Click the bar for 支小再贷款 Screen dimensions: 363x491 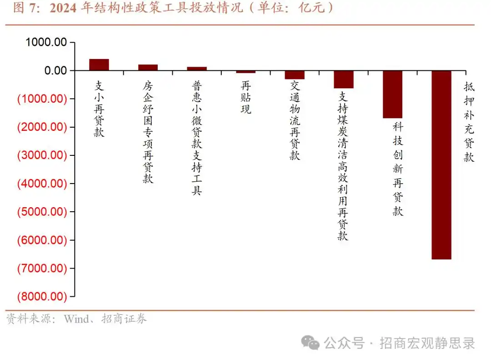click(99, 65)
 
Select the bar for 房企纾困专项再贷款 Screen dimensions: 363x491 click(148, 67)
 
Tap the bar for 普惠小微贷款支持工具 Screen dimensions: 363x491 click(197, 69)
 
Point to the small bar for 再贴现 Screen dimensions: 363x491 click(245, 72)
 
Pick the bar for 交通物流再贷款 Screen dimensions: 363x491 click(295, 75)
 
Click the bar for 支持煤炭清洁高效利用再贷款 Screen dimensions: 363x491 click(344, 80)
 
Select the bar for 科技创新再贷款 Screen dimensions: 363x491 click(392, 94)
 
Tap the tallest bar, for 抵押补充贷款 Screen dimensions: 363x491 click(441, 165)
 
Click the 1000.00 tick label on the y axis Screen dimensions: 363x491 click(46, 42)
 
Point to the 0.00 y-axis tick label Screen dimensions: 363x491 click(55, 71)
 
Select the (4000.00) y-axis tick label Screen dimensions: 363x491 click(42, 184)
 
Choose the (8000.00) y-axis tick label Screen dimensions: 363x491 click(42, 297)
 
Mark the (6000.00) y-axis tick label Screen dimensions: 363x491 click(42, 240)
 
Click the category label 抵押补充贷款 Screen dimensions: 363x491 click(469, 122)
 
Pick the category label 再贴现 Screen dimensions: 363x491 click(246, 98)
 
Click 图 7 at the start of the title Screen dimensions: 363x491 click(24, 8)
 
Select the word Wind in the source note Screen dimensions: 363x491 click(77, 319)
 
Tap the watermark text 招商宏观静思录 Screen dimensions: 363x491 click(427, 343)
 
